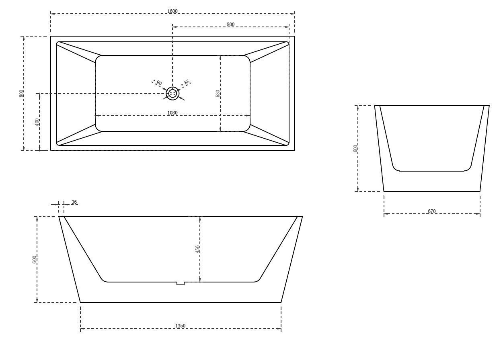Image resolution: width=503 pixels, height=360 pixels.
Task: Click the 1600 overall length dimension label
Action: point(172,11)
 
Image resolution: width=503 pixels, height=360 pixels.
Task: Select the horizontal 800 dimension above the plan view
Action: point(230,25)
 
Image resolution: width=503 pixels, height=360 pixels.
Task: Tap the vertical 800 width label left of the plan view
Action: point(21,93)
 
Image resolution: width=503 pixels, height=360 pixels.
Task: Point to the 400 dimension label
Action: point(37,122)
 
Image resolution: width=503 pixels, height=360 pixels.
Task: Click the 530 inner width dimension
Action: point(218,93)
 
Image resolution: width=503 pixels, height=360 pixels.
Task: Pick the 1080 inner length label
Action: point(172,113)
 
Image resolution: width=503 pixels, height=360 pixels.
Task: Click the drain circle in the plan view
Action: point(172,93)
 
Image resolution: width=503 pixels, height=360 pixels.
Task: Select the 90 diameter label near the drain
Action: point(159,83)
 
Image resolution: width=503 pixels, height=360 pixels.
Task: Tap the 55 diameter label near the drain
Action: point(187,82)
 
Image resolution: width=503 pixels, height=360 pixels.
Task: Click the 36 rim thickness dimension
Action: point(74,202)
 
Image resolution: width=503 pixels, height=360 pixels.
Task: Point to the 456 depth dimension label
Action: point(197,249)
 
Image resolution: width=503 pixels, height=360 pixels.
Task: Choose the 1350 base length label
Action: point(181,326)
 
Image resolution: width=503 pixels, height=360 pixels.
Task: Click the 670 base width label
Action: point(432,211)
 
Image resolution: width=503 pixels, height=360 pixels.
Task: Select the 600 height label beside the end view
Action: point(355,149)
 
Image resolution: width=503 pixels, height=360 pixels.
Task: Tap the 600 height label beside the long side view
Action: point(35,260)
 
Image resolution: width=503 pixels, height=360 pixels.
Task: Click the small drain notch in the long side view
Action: point(181,283)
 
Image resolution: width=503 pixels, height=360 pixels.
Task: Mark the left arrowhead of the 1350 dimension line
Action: point(82,329)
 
